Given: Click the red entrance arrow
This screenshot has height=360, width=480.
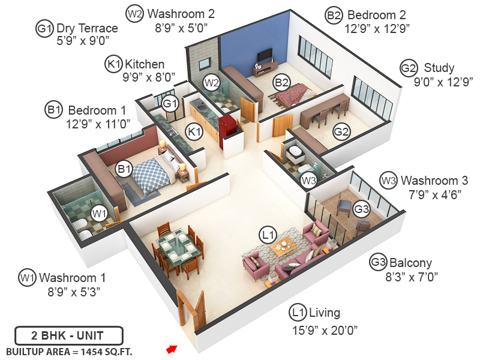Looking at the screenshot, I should tap(172, 349).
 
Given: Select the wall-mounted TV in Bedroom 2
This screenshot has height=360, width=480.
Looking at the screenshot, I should tap(265, 55).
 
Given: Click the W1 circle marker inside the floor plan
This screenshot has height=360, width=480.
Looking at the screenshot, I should tap(98, 212).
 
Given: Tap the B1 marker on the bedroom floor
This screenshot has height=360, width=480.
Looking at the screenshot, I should tap(124, 170).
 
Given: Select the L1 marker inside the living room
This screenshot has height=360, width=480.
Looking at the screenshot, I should tap(268, 233).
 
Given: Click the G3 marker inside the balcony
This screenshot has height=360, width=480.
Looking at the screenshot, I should tap(361, 209).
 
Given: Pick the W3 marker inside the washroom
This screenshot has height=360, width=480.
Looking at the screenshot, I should tap(308, 179).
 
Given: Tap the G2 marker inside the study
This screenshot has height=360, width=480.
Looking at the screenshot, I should tap(341, 131).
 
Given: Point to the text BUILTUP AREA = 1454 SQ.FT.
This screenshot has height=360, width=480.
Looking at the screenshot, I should tap(69, 351).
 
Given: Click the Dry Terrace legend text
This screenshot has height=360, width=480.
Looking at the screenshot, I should tap(87, 29).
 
